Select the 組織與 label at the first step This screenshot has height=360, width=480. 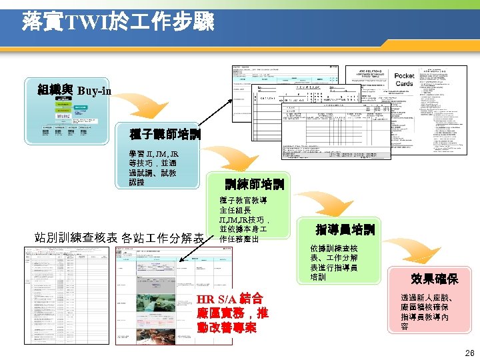pyautogui.click(x=57, y=89)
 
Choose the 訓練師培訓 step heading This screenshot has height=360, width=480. pyautogui.click(x=254, y=183)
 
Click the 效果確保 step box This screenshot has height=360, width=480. pyautogui.click(x=434, y=277)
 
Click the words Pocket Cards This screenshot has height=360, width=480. pyautogui.click(x=404, y=79)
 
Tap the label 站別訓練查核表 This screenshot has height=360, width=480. pyautogui.click(x=75, y=237)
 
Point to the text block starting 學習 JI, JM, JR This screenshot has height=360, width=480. pyautogui.click(x=153, y=167)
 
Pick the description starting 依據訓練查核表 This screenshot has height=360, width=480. pyautogui.click(x=333, y=263)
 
